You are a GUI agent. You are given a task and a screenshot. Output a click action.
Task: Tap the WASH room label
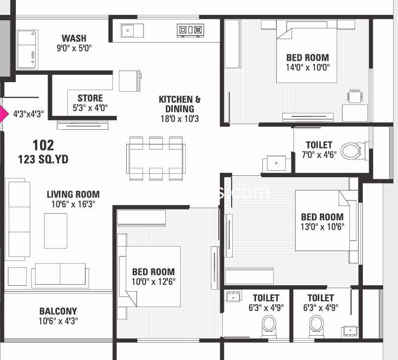coord(74,38)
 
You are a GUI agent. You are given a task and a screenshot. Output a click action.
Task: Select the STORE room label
coord(90,98)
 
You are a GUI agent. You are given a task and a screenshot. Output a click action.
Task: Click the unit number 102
coord(43,145)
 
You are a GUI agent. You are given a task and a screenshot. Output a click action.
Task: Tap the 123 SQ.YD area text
coord(43,159)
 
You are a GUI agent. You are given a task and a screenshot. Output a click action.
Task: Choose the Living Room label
coord(73,194)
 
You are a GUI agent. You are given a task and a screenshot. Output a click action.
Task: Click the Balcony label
coord(58,311)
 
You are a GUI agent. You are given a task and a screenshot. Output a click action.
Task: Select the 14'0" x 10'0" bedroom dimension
coord(307,67)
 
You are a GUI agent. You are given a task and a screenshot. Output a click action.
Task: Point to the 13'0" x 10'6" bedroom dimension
coord(322,227)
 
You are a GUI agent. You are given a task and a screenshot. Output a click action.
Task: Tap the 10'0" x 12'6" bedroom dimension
coord(153,281)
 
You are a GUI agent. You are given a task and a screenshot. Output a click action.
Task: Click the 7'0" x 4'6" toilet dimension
coord(319,154)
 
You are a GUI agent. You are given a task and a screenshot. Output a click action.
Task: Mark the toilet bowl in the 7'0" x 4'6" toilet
coord(352,150)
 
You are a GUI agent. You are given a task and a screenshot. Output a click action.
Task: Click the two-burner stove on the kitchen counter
coord(190,31)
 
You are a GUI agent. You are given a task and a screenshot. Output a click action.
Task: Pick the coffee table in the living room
coord(55,230)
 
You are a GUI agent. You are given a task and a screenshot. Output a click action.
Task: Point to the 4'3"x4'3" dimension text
coord(29,114)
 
